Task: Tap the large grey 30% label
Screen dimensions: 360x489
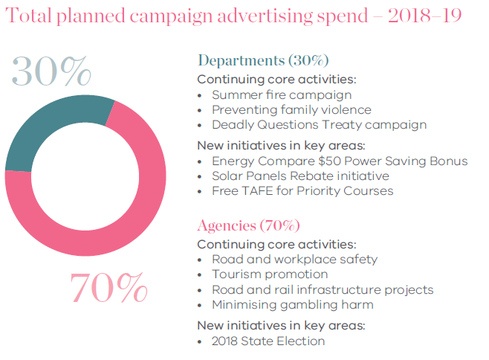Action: click(51, 72)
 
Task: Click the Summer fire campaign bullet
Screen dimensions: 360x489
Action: click(282, 95)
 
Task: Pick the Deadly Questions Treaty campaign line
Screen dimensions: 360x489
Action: click(319, 125)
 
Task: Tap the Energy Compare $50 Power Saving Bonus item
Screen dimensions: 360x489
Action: click(340, 161)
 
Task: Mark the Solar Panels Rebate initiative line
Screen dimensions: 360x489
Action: click(300, 176)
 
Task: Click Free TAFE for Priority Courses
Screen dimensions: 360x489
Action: click(302, 190)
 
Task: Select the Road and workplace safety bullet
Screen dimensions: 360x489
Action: click(294, 260)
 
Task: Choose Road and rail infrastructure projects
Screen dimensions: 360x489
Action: click(323, 289)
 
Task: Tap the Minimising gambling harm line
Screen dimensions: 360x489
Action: click(292, 304)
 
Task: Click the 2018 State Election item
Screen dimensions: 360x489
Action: click(268, 341)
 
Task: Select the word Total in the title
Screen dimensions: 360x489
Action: click(28, 16)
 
